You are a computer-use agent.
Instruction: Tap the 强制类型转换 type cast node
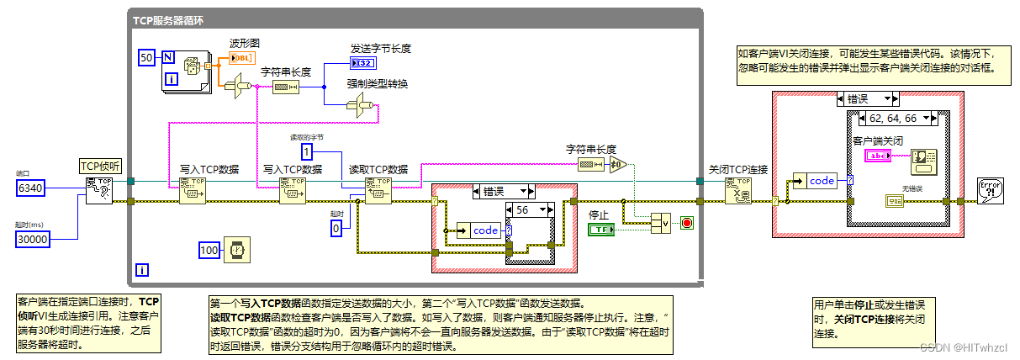coord(358,105)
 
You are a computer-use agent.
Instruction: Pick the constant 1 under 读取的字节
coord(309,151)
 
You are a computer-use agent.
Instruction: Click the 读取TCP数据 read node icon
coord(378,190)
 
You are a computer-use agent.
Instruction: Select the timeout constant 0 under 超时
coord(336,227)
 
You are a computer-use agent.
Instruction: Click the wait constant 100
coord(209,250)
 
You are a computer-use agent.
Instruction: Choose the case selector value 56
coord(525,209)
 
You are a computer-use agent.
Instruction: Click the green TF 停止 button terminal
coord(602,230)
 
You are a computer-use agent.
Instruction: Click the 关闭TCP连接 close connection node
coord(737,190)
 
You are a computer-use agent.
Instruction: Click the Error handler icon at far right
coord(990,190)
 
